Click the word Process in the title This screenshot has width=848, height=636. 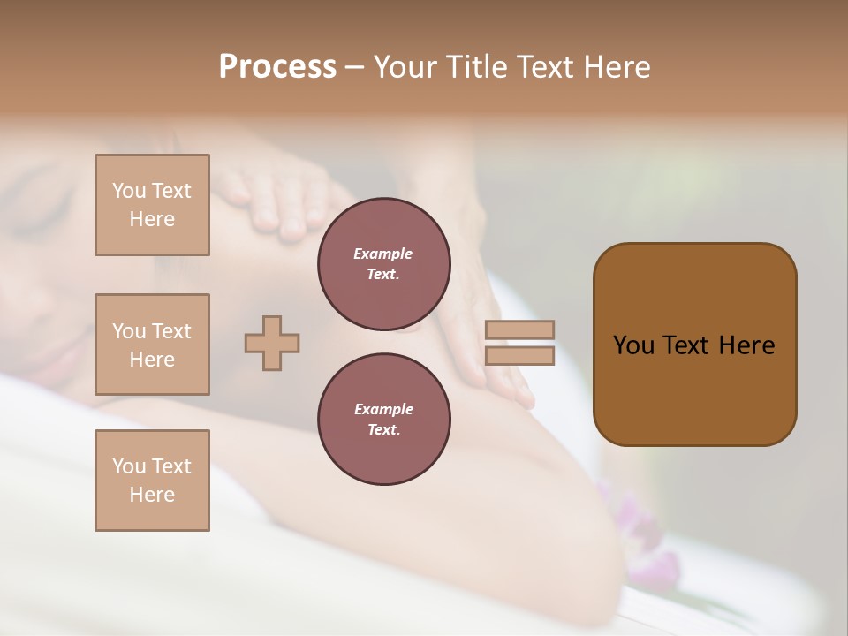[x=277, y=67]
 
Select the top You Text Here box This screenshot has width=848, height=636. [x=152, y=205]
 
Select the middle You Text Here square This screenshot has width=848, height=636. [x=152, y=344]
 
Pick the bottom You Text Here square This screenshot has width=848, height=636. [x=152, y=481]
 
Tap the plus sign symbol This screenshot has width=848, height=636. [x=272, y=343]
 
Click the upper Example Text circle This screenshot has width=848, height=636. [x=383, y=264]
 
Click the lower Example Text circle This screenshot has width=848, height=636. [x=383, y=420]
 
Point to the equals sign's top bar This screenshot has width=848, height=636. [x=519, y=329]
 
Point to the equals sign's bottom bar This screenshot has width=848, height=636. [x=519, y=356]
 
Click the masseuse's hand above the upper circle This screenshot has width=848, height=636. [x=274, y=199]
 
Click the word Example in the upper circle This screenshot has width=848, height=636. [x=383, y=254]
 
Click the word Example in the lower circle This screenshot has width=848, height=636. [x=383, y=409]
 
